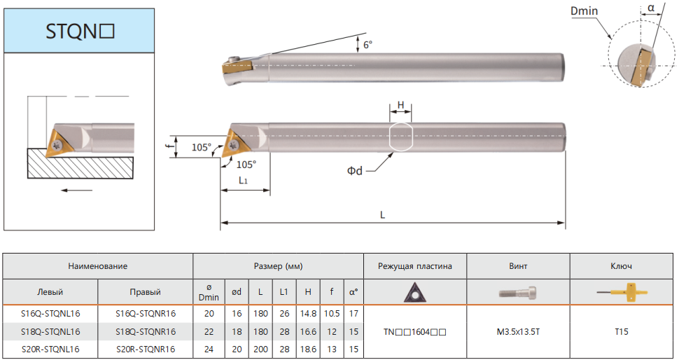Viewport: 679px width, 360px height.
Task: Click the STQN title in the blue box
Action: tap(80, 32)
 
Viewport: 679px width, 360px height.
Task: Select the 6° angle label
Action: tap(367, 45)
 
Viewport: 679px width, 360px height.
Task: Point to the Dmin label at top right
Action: tap(584, 11)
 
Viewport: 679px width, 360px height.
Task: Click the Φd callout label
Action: tap(355, 171)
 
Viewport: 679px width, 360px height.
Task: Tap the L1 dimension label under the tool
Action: tap(244, 180)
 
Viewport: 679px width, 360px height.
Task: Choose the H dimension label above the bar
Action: tap(400, 105)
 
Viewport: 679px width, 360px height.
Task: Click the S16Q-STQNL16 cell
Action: tap(50, 314)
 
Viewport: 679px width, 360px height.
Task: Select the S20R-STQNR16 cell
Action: tap(146, 349)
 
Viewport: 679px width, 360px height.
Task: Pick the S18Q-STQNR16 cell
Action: tap(146, 332)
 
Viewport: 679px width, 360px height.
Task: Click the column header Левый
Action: tap(50, 292)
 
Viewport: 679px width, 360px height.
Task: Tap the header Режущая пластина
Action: tap(415, 266)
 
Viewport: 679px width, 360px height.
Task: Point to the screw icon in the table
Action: tap(518, 293)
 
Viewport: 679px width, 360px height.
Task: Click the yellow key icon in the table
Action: tap(622, 293)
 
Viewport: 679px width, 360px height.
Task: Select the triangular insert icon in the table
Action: tap(415, 293)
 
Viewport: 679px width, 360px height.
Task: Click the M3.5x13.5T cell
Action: tap(518, 332)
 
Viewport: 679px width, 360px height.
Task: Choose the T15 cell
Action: tap(622, 332)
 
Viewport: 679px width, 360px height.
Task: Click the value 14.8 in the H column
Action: tap(308, 314)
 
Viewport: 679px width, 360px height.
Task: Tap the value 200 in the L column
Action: tap(260, 349)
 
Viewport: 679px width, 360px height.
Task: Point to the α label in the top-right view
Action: tap(651, 8)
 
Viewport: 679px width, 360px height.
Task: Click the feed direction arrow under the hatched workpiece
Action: tap(76, 191)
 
